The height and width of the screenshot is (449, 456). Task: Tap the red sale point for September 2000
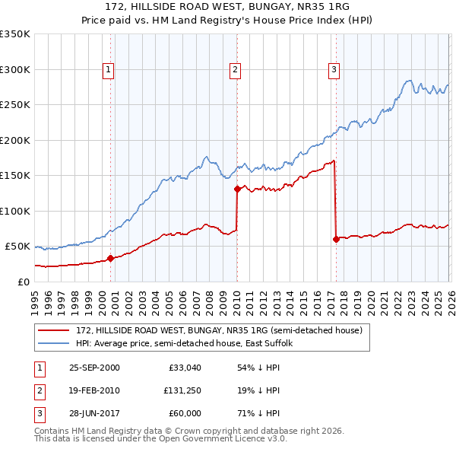click(110, 258)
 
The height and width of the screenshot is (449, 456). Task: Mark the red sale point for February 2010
click(237, 189)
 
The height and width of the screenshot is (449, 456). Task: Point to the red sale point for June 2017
click(336, 239)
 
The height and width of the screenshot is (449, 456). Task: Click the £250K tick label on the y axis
click(15, 105)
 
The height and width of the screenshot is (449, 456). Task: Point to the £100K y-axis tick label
click(15, 211)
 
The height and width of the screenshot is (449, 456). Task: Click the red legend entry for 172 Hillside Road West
click(220, 330)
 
